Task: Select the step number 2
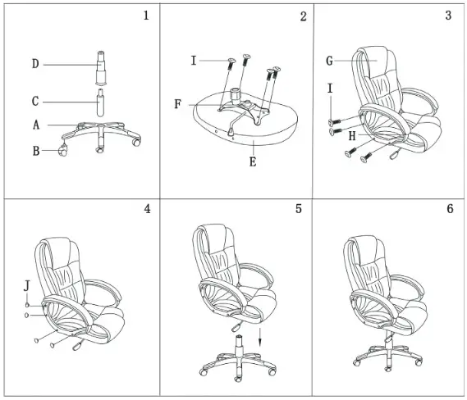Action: [303, 17]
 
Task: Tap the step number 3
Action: [448, 16]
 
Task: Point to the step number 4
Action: [147, 209]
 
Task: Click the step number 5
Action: [298, 209]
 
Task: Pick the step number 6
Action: [449, 209]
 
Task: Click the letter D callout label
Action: [35, 64]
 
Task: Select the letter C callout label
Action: [35, 102]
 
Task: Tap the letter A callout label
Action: [36, 125]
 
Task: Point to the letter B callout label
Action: [36, 151]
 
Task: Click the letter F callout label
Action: [178, 105]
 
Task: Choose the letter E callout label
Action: [253, 162]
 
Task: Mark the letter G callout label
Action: [329, 61]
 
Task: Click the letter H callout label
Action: [351, 136]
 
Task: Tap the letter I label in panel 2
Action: [193, 61]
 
